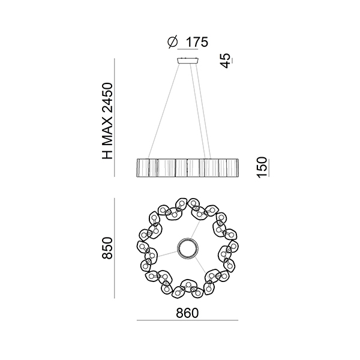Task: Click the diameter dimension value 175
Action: tap(197, 42)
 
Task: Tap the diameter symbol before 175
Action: tap(173, 42)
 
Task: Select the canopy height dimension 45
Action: tap(226, 61)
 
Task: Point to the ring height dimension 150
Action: tap(262, 167)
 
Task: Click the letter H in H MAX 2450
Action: tap(107, 154)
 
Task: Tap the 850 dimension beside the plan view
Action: tap(107, 248)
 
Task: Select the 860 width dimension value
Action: tap(187, 313)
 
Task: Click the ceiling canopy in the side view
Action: tap(188, 61)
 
